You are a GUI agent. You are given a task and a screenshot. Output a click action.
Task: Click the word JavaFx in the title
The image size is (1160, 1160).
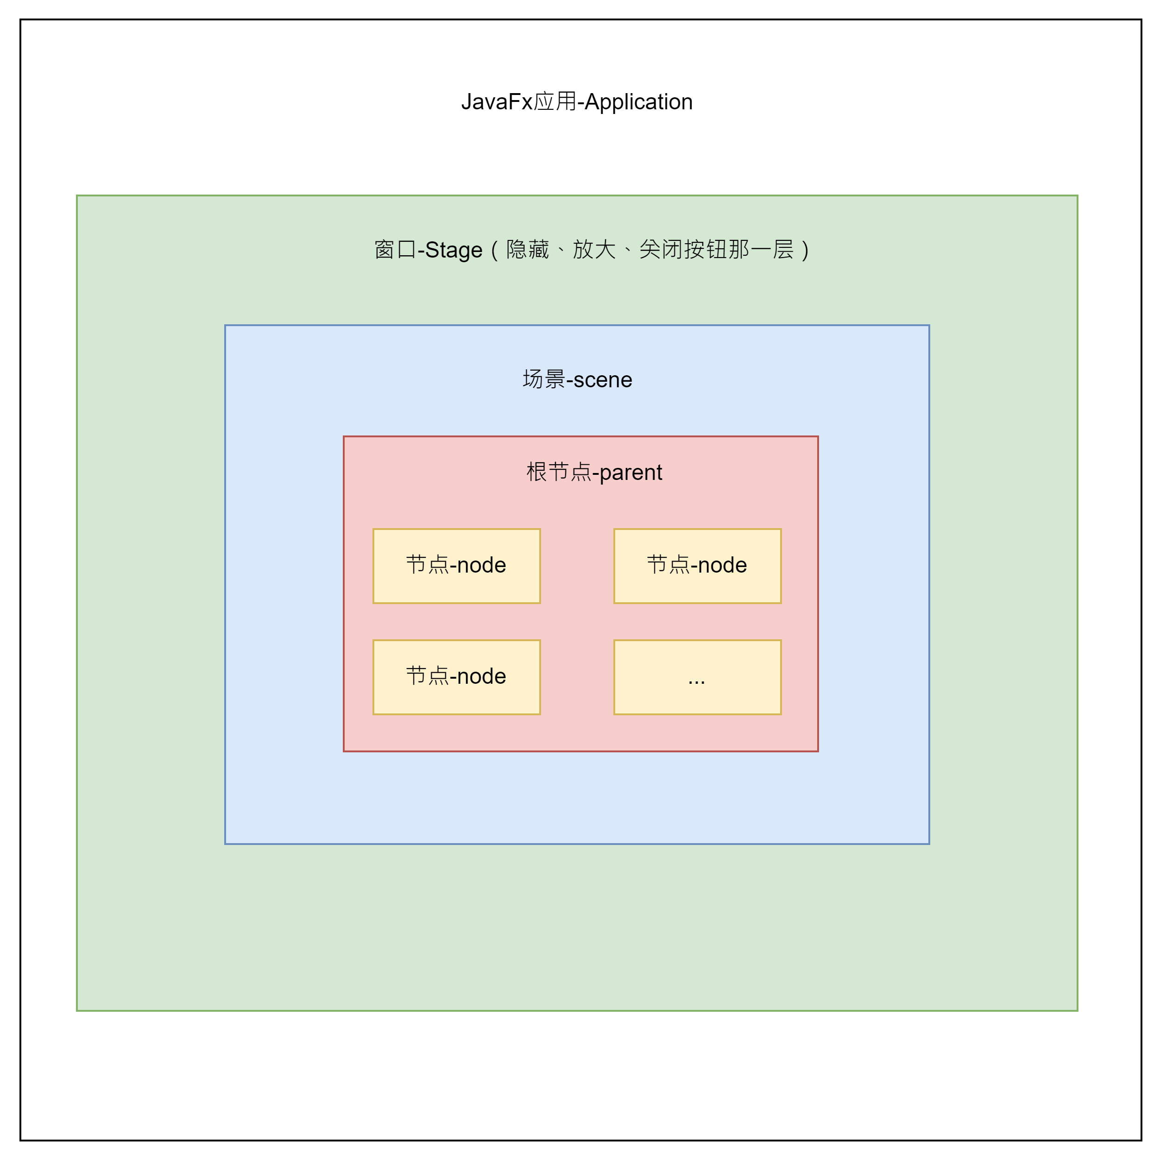click(x=497, y=102)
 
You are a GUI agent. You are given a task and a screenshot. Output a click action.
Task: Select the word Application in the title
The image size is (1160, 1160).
click(x=638, y=102)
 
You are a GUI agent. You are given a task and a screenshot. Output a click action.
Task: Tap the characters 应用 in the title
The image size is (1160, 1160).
click(x=555, y=101)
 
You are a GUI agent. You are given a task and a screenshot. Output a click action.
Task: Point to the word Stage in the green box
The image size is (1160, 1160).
click(x=454, y=250)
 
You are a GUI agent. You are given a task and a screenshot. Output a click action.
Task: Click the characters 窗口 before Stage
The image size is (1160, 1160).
click(x=395, y=249)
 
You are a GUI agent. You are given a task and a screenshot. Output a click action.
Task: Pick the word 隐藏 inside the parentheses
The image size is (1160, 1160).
click(x=527, y=249)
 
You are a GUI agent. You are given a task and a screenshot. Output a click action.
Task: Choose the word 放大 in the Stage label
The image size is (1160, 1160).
click(x=594, y=249)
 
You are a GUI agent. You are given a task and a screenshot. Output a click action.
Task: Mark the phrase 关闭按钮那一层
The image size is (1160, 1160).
click(x=716, y=249)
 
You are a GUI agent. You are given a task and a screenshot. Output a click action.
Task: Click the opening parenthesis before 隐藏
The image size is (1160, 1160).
click(x=495, y=250)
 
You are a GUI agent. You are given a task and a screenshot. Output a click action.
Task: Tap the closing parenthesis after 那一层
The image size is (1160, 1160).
click(x=805, y=250)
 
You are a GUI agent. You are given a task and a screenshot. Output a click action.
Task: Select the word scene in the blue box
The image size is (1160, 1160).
click(x=603, y=379)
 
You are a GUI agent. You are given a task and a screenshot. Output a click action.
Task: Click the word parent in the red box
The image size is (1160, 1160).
click(x=630, y=473)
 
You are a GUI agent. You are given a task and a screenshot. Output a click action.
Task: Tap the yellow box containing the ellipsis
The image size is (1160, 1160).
click(x=697, y=677)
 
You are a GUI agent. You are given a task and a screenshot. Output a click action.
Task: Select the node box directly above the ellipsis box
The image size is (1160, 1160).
click(x=697, y=566)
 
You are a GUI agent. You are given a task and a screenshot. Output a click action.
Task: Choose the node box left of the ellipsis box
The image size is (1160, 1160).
click(x=456, y=677)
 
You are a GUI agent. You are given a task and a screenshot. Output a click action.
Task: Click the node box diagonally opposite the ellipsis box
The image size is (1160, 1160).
click(x=456, y=566)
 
